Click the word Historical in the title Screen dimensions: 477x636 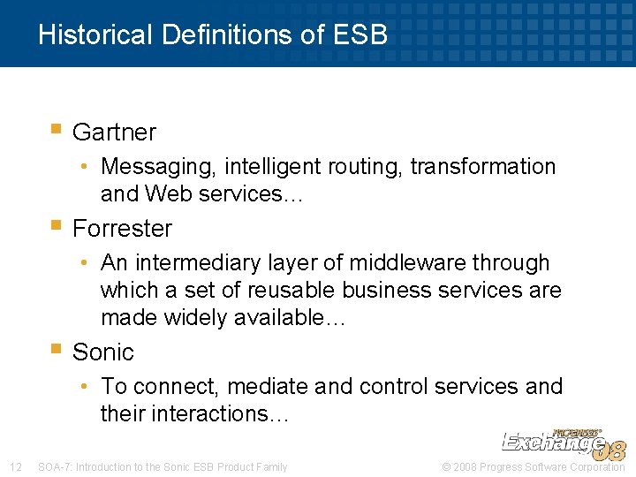tap(95, 34)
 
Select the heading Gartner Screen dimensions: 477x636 tap(114, 132)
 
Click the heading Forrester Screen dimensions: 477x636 tap(122, 229)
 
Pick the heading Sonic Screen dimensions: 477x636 tap(102, 352)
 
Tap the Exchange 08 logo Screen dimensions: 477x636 tap(564, 444)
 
